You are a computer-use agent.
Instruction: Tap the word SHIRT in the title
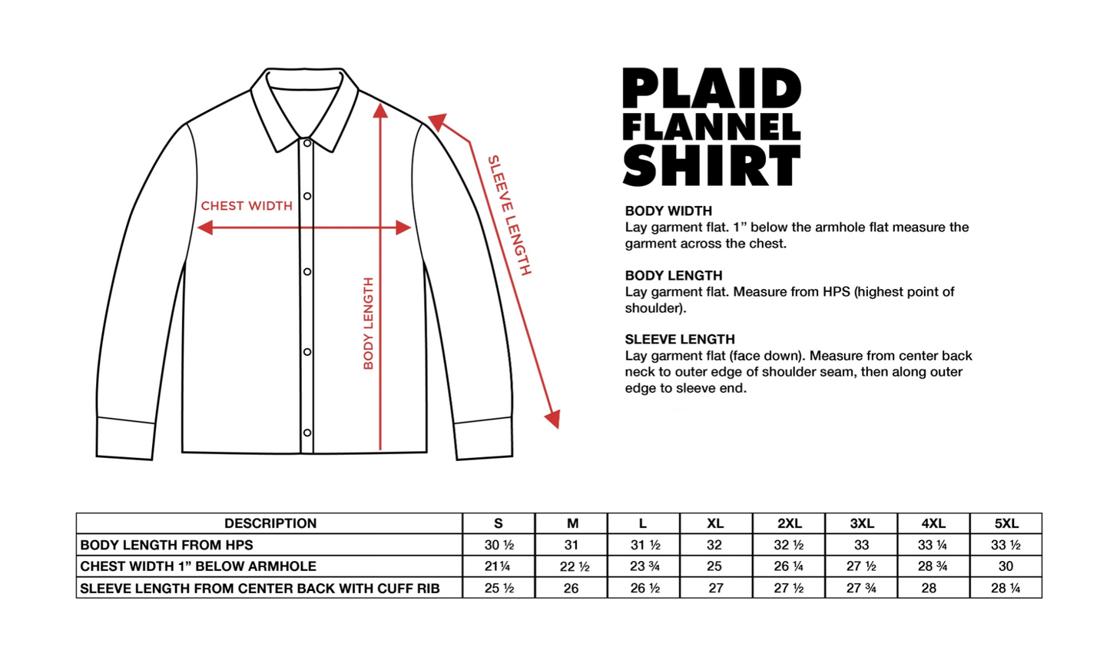(711, 164)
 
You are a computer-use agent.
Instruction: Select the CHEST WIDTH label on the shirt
(247, 206)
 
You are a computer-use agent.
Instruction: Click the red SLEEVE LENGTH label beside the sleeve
(509, 215)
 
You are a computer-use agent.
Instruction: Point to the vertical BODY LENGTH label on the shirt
(369, 323)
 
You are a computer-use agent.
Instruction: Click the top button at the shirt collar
(306, 143)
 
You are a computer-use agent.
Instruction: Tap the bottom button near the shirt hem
(306, 433)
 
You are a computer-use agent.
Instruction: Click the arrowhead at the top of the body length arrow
(380, 111)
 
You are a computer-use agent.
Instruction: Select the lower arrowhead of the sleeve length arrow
(552, 419)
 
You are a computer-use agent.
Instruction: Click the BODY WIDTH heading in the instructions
(668, 211)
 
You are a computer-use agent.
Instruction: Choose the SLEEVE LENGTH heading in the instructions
(680, 339)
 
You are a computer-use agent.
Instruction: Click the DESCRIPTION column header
(270, 523)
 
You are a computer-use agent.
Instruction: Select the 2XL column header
(789, 523)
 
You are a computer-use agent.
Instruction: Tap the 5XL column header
(1006, 523)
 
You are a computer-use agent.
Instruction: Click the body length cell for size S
(499, 545)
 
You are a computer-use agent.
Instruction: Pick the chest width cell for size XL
(714, 566)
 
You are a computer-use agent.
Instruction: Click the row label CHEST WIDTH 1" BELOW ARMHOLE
(198, 566)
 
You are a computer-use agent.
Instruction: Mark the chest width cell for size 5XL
(1006, 566)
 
